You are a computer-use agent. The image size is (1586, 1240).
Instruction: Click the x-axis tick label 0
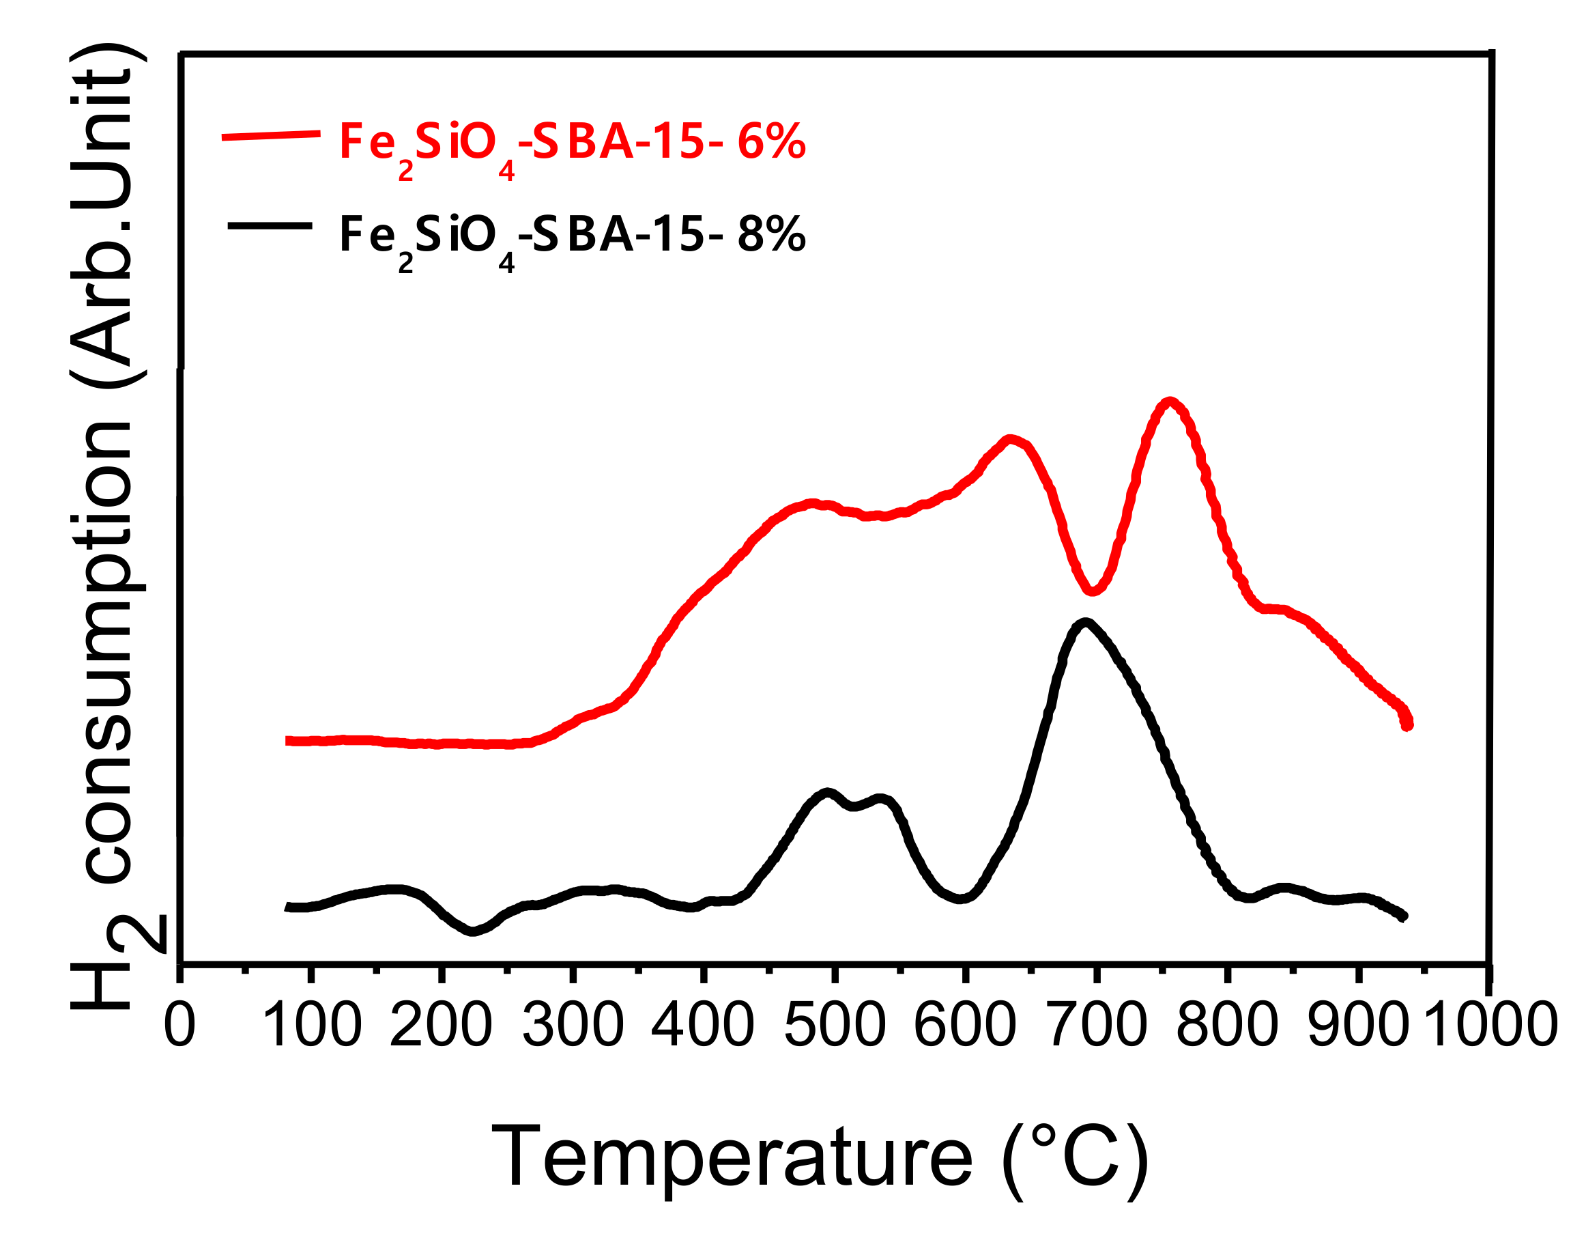[179, 1025]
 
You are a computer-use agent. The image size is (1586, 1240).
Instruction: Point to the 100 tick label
[311, 1025]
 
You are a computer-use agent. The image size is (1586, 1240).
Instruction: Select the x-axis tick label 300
[573, 1025]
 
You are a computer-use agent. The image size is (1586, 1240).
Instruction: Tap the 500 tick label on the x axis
[835, 1025]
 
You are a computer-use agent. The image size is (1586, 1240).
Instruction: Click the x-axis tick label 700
[1097, 1025]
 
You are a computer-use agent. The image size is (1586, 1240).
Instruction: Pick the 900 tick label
[1358, 1025]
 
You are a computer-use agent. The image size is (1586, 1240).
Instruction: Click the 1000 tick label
[1492, 1025]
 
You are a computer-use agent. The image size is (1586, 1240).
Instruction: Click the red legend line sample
[271, 135]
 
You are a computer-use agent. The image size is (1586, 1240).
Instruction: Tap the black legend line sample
[270, 226]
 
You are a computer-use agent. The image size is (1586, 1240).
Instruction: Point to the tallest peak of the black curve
[1085, 623]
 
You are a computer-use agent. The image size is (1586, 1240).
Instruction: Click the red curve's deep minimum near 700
[1091, 591]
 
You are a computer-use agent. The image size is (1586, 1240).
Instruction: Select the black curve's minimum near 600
[960, 899]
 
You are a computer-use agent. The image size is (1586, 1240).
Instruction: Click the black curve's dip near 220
[473, 931]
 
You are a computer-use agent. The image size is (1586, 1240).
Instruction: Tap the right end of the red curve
[1407, 724]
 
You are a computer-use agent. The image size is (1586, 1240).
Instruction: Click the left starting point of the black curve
[288, 907]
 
